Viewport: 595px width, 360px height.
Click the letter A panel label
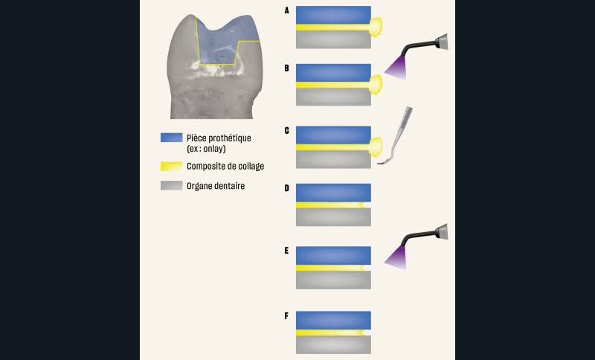(286, 10)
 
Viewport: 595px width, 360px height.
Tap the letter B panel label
(286, 68)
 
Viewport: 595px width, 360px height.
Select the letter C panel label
(286, 130)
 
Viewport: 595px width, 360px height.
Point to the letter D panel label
(286, 188)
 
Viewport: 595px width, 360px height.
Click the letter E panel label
(286, 251)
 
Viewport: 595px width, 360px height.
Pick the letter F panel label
(286, 315)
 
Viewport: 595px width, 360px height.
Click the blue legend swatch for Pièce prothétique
(172, 138)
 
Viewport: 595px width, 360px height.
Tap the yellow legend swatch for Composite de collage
(172, 165)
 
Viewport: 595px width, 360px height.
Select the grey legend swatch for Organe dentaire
(172, 185)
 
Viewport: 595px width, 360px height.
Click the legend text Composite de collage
(225, 166)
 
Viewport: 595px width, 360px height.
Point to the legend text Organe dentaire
(216, 186)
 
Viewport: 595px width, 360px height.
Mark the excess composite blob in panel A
(377, 28)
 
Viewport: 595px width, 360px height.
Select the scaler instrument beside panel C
(394, 138)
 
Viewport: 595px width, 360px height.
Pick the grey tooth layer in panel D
(332, 216)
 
